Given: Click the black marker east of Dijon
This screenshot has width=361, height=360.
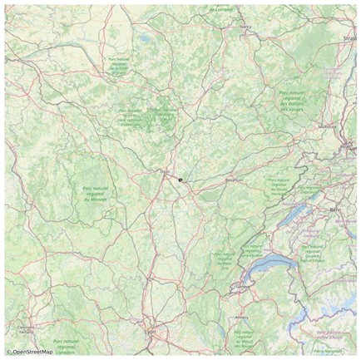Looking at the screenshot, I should click(179, 179).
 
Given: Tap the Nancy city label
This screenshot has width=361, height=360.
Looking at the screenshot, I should click(245, 27).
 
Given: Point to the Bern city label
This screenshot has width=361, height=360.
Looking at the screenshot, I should click(337, 210).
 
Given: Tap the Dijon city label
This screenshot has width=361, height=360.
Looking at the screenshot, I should click(164, 172).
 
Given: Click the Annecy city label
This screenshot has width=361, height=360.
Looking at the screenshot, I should click(242, 316).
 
